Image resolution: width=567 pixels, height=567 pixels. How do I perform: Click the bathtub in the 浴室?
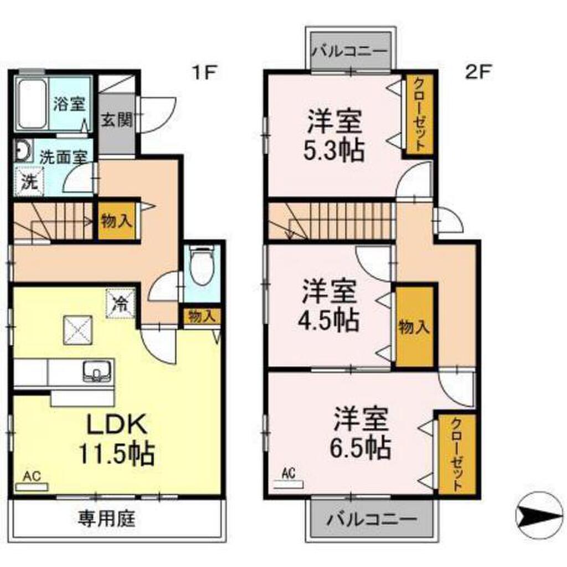click(x=32, y=104)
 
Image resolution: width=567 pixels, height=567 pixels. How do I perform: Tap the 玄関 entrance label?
click(x=116, y=121)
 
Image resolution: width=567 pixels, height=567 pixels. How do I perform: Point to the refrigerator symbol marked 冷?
click(x=121, y=302)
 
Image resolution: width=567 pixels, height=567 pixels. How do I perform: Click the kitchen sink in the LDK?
click(x=97, y=370)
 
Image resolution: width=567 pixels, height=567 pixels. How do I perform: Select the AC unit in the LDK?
click(x=32, y=486)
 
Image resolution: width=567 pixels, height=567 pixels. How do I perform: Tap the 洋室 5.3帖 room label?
click(x=336, y=136)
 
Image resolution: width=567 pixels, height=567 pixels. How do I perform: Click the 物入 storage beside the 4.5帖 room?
click(x=414, y=327)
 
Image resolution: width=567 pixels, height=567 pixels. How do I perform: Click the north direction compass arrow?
click(x=539, y=516)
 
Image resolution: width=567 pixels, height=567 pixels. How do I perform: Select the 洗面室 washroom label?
click(x=62, y=157)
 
